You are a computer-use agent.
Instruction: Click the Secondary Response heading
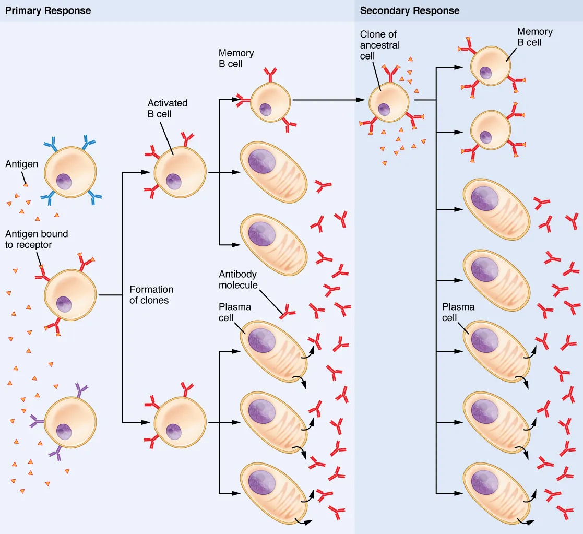pos(410,11)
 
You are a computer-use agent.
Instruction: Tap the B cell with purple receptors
pos(70,421)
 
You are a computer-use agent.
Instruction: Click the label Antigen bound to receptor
pos(37,240)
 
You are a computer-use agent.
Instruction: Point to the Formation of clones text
pos(151,295)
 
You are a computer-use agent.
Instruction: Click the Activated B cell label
pos(167,109)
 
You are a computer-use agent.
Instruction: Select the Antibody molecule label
pos(238,280)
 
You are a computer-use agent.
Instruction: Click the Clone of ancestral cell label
pos(379,45)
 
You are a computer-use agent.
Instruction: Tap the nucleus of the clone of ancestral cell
pos(384,109)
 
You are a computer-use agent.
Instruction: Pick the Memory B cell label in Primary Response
pos(236,58)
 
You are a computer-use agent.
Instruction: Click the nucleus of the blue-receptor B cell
pos(64,182)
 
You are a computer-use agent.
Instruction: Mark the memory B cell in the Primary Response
pos(270,102)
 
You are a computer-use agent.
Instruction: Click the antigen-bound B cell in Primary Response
pos(70,295)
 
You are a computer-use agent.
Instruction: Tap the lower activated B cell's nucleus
pos(173,431)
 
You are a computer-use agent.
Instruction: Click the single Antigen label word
pos(21,164)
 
